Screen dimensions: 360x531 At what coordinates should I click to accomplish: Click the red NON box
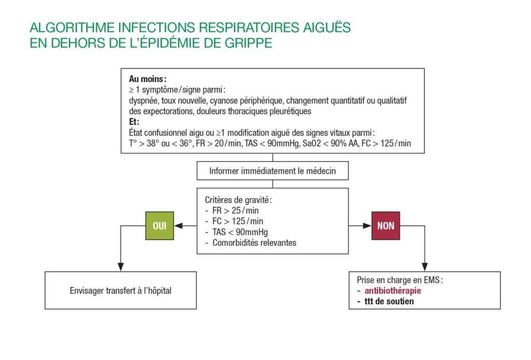[x=385, y=226]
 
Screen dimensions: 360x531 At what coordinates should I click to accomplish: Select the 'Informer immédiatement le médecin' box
[x=272, y=170]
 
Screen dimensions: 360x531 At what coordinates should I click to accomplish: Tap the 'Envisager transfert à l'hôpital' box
[x=120, y=290]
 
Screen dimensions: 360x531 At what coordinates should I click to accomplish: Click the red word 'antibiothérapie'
[x=393, y=290]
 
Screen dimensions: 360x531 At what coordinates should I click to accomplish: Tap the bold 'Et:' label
[x=134, y=122]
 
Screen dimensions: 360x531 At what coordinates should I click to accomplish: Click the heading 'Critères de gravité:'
[x=239, y=200]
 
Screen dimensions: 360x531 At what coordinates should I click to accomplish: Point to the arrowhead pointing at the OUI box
[x=177, y=226]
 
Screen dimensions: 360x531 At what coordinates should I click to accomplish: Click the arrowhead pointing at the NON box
[x=367, y=226]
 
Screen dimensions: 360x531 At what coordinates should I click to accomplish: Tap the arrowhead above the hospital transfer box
[x=120, y=267]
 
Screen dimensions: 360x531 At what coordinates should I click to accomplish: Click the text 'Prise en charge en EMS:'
[x=399, y=280]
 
